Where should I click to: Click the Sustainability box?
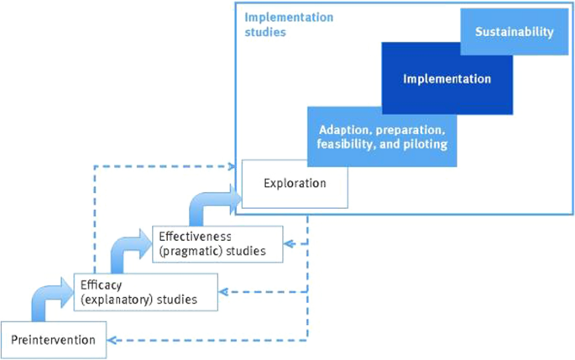click(514, 34)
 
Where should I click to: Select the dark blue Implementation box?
click(446, 79)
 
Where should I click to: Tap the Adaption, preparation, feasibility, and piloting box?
click(381, 138)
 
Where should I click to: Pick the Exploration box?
click(294, 183)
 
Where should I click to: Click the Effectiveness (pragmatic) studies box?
click(217, 244)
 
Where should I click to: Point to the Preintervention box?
click(54, 340)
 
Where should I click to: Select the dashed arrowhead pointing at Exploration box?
click(236, 166)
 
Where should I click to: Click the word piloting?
click(425, 144)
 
